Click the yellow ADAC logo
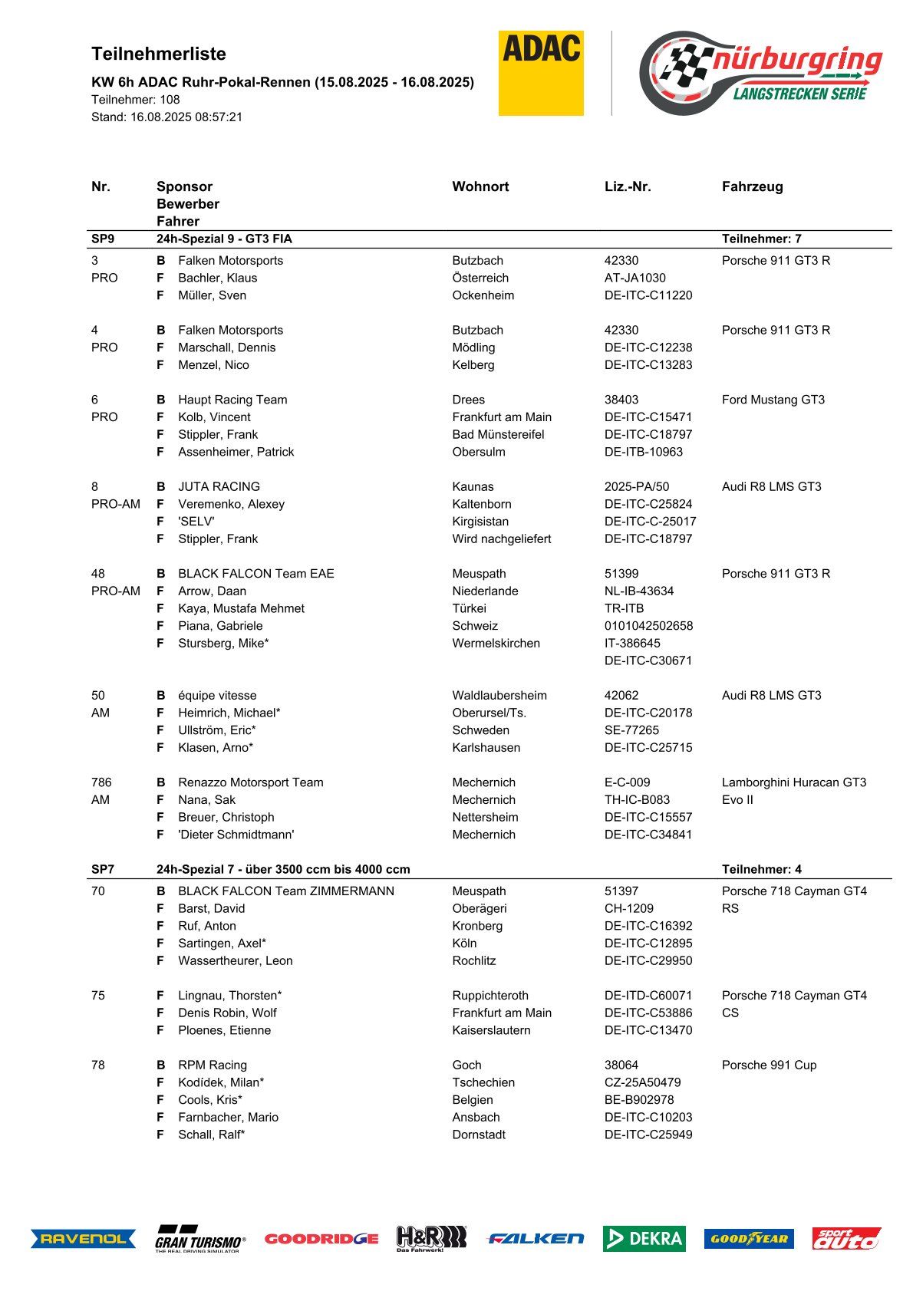pyautogui.click(x=541, y=73)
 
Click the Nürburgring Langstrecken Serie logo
pyautogui.click(x=760, y=72)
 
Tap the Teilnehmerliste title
pyautogui.click(x=159, y=54)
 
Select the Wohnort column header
pyautogui.click(x=480, y=186)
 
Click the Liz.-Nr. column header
pyautogui.click(x=628, y=186)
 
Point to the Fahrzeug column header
pyautogui.click(x=752, y=186)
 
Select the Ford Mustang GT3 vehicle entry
pyautogui.click(x=773, y=400)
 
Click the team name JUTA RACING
pyautogui.click(x=219, y=486)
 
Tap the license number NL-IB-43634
pyautogui.click(x=639, y=591)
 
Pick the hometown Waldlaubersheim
pyautogui.click(x=499, y=695)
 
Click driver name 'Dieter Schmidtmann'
pyautogui.click(x=236, y=835)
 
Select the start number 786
pyautogui.click(x=101, y=782)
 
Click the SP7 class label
pyautogui.click(x=103, y=869)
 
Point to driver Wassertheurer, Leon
pyautogui.click(x=235, y=960)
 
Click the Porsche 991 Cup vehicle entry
pyautogui.click(x=769, y=1065)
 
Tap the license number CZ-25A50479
pyautogui.click(x=642, y=1082)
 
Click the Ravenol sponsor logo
pyautogui.click(x=83, y=1239)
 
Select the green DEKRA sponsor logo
pyautogui.click(x=644, y=1238)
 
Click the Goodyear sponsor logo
pyautogui.click(x=749, y=1238)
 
